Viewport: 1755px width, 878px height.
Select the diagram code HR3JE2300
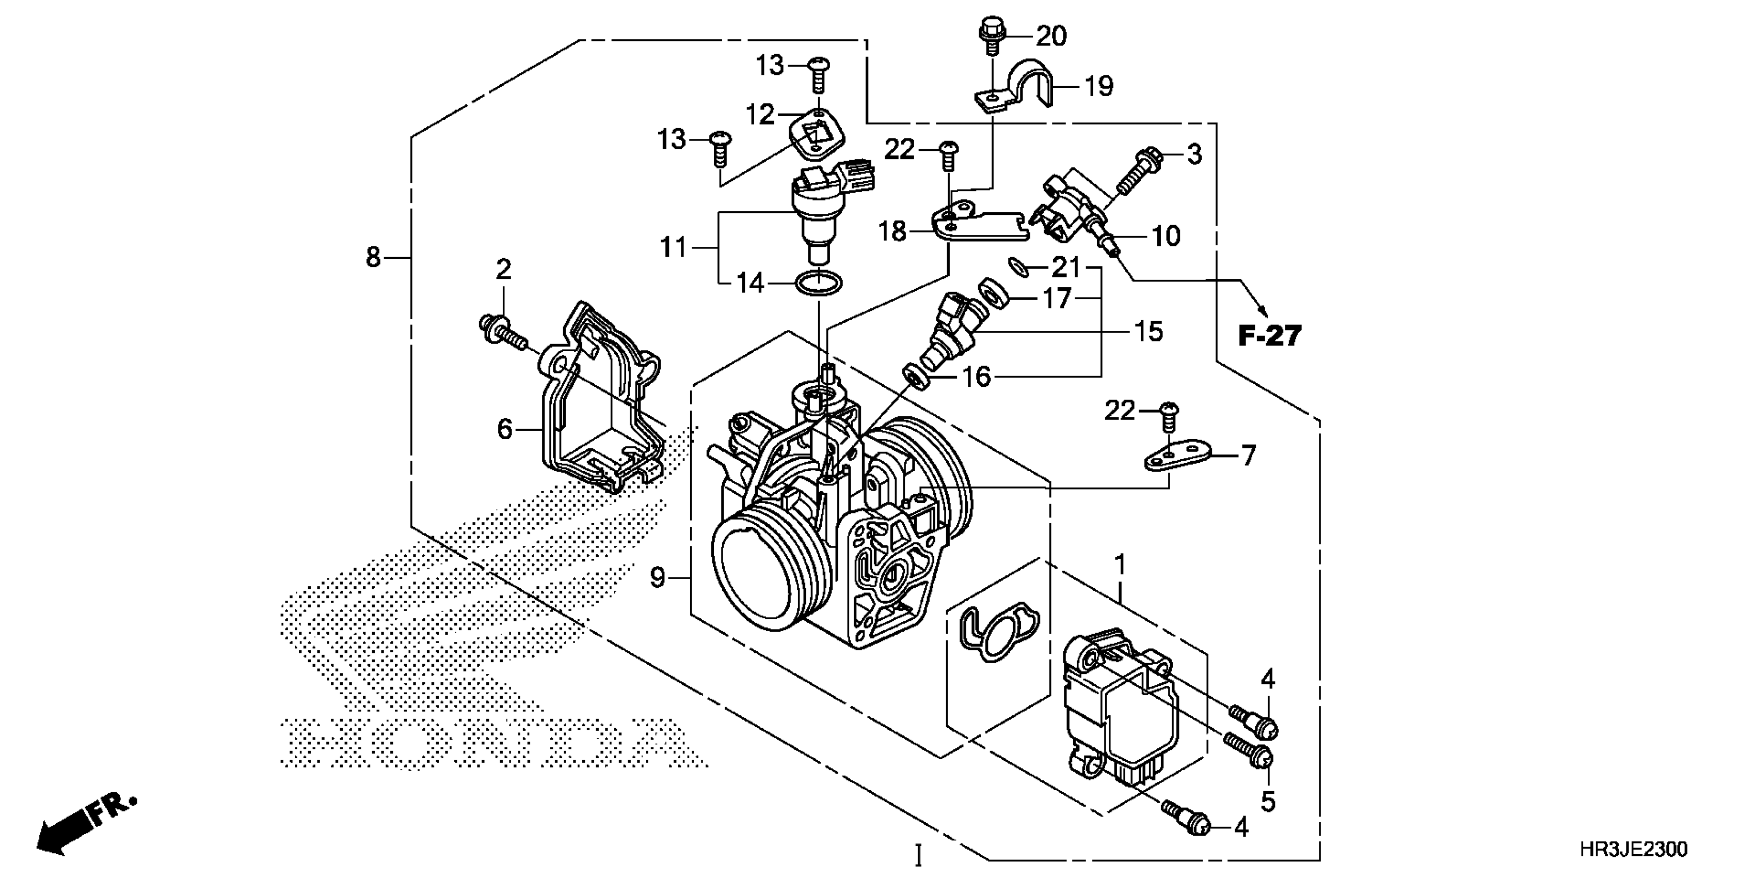[1633, 850]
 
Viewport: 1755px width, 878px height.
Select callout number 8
[373, 258]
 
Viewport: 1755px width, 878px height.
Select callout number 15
[1148, 332]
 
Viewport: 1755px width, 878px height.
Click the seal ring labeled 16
[916, 377]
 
